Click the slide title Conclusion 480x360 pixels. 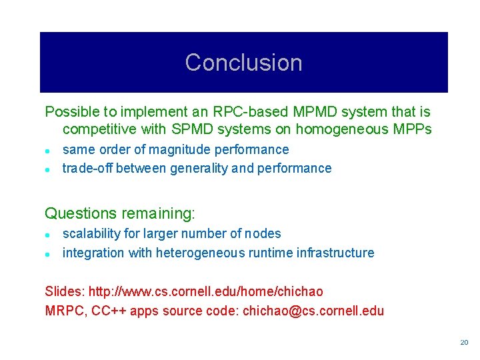(243, 63)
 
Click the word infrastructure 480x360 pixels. (337, 253)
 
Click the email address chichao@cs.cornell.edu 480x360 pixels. (313, 311)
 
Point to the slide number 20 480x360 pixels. (464, 342)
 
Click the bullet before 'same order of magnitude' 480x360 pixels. (48, 150)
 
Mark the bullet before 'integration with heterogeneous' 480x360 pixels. (48, 253)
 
